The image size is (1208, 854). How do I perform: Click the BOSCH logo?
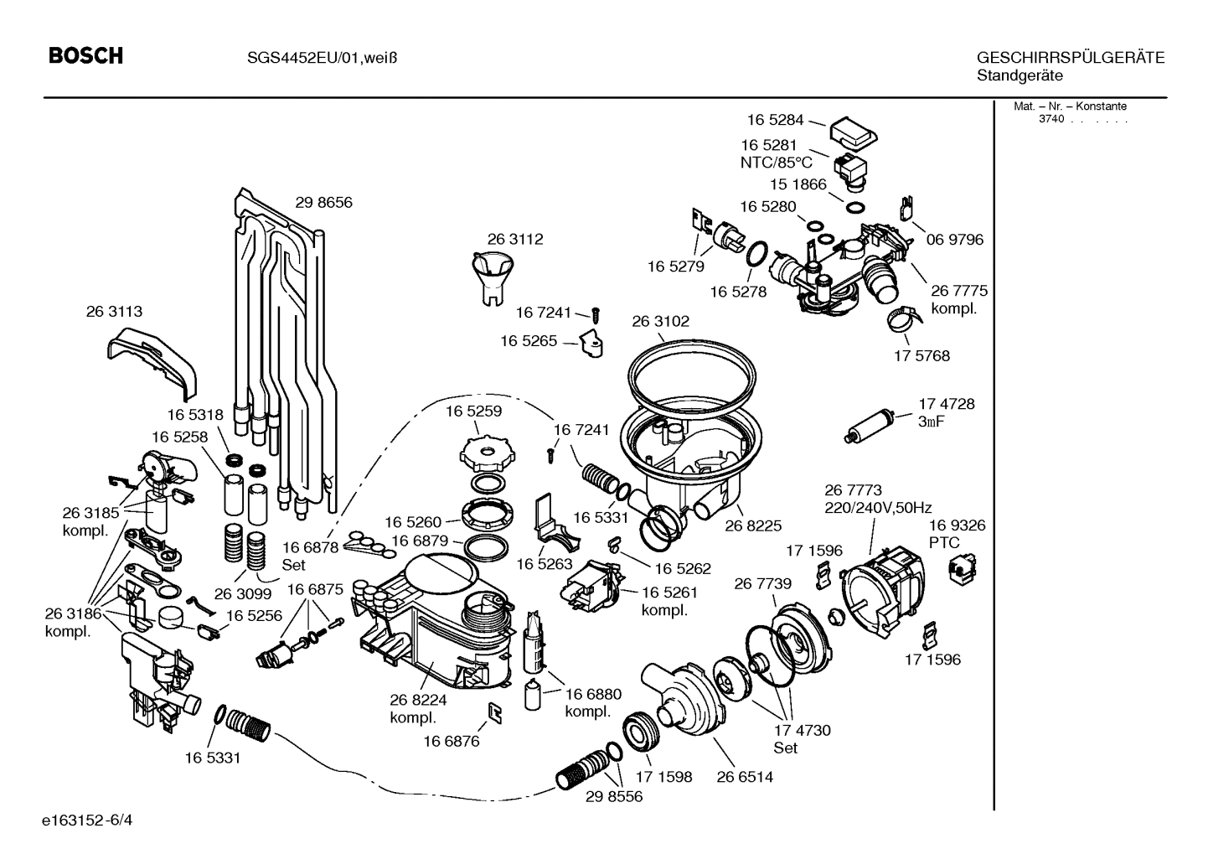(x=85, y=56)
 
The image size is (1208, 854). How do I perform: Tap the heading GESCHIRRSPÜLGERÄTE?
(x=1070, y=58)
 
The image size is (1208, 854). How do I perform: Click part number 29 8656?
(x=323, y=203)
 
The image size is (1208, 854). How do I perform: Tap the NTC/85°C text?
(x=776, y=163)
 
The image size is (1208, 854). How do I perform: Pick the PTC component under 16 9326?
(x=957, y=570)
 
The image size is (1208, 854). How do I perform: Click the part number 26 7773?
(x=853, y=490)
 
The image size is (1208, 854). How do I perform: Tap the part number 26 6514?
(x=744, y=777)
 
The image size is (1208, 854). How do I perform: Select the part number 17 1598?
(x=663, y=777)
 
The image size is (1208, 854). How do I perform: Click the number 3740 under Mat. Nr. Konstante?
(x=1051, y=119)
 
